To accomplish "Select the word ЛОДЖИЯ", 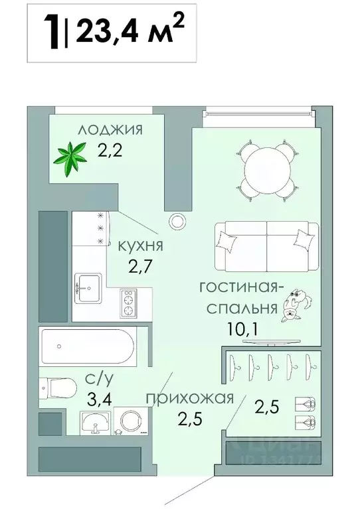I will coord(110,129).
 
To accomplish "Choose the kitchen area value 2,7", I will coord(140,269).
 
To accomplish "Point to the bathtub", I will coord(88,347).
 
